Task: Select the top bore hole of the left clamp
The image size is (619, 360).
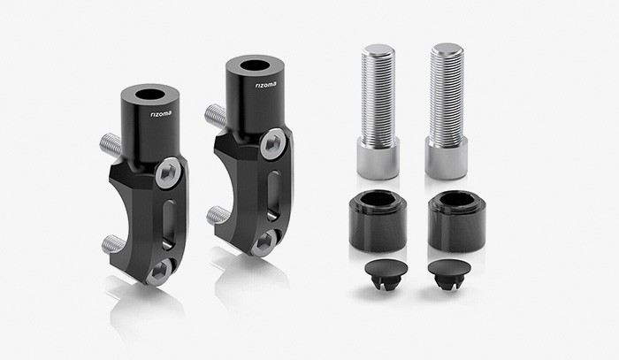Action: point(149,94)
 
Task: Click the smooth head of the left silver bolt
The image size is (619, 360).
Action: point(378,160)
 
